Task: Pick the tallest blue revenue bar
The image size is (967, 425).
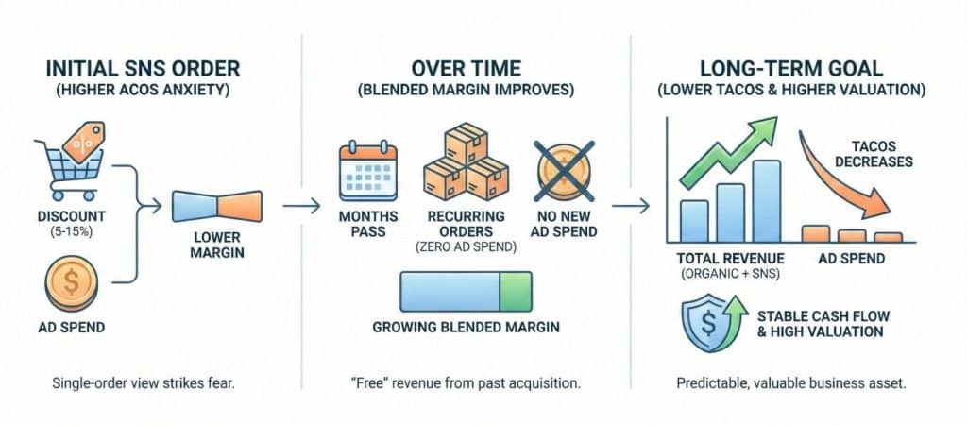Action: [x=767, y=201]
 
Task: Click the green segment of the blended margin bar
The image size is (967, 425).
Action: [x=516, y=292]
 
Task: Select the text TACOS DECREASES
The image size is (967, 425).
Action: [x=879, y=152]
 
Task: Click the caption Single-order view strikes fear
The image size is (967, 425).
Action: [x=132, y=384]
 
